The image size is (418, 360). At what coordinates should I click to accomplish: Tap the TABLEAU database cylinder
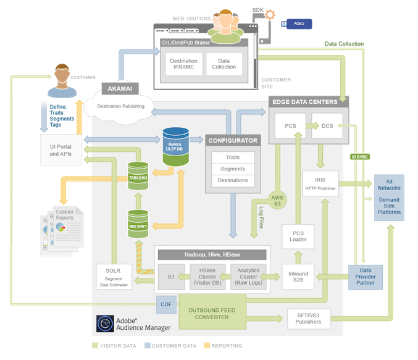click(x=140, y=176)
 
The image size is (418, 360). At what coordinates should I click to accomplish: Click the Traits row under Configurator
click(x=232, y=157)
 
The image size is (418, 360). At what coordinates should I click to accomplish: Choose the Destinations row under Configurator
click(x=232, y=180)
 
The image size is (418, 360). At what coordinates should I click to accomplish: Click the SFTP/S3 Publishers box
click(x=309, y=318)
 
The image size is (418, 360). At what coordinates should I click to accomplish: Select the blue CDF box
click(x=165, y=303)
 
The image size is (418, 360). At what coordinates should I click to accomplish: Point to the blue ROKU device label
click(x=298, y=24)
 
